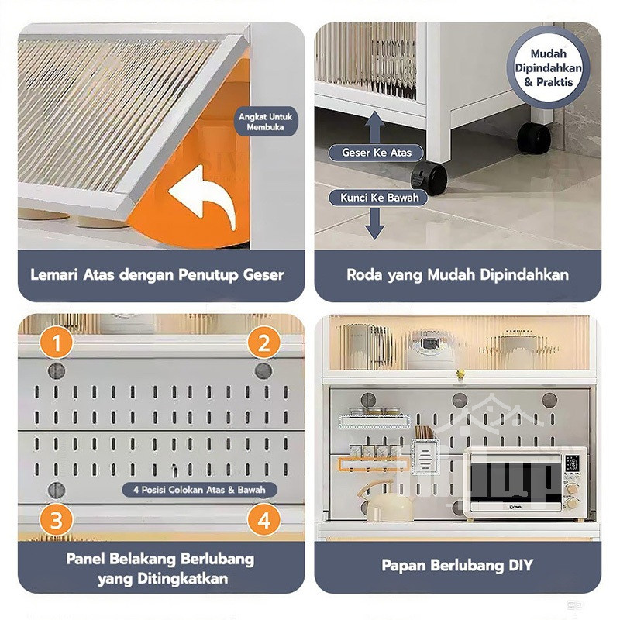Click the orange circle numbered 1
tap(56, 343)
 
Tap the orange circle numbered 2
tap(264, 343)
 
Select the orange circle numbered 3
tap(56, 519)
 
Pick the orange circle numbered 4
tap(264, 519)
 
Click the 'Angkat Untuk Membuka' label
tap(265, 122)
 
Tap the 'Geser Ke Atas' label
tap(376, 153)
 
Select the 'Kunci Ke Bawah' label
tap(378, 198)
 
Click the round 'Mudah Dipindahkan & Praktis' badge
tap(549, 67)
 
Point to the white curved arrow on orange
tap(203, 197)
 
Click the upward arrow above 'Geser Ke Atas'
tap(375, 126)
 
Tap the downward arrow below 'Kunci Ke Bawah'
tap(374, 222)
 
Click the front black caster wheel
tap(429, 179)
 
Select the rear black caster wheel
tap(534, 138)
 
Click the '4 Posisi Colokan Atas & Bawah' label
tap(199, 490)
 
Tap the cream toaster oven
tap(526, 483)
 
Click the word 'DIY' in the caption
tap(521, 565)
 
